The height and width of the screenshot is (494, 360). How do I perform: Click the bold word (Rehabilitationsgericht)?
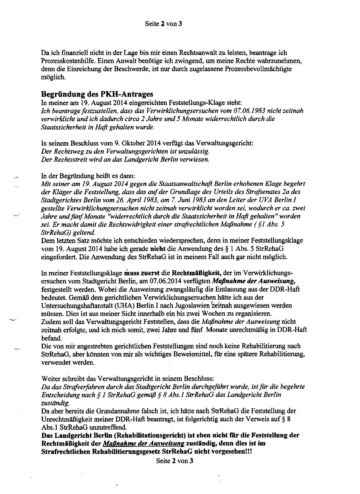coord(154,435)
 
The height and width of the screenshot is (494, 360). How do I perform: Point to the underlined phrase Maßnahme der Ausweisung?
coord(144,444)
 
